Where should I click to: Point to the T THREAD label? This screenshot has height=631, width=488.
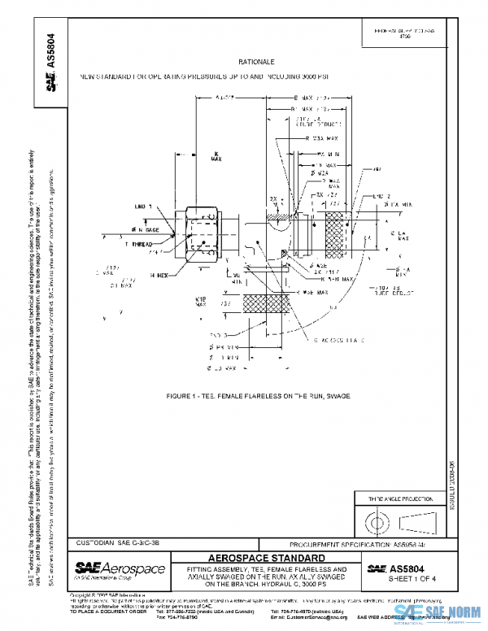(x=141, y=243)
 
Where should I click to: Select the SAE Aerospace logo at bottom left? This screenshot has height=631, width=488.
(x=120, y=569)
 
